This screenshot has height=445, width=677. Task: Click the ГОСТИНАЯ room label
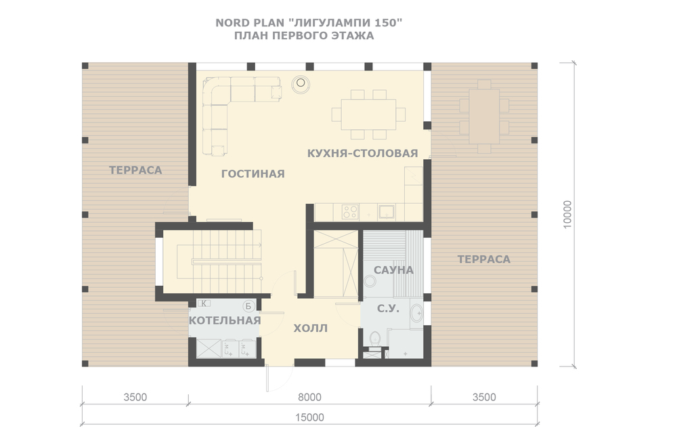(x=253, y=173)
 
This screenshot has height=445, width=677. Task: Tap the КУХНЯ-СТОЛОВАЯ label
(x=362, y=153)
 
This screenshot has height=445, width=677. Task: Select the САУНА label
(x=393, y=270)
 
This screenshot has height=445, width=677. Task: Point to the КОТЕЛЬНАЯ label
(x=225, y=320)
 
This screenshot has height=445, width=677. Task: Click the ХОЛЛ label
(x=311, y=329)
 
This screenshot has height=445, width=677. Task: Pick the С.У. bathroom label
(x=388, y=308)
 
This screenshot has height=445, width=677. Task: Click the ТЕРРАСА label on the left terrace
(x=135, y=170)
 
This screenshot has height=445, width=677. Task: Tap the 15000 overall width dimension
(x=309, y=417)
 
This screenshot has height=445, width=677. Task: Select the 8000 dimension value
(x=309, y=397)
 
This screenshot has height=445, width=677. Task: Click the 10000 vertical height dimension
(x=567, y=214)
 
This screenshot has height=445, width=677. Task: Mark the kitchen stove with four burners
(x=350, y=212)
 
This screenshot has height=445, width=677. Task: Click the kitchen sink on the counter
(x=387, y=212)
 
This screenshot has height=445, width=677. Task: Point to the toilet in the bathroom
(x=374, y=339)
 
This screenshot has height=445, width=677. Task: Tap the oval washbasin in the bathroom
(x=416, y=313)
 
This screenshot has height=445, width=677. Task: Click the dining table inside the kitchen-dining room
(x=368, y=114)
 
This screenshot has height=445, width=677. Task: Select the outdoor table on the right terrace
(x=484, y=116)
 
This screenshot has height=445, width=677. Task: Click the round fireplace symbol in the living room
(x=301, y=83)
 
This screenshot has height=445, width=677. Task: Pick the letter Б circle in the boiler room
(x=248, y=306)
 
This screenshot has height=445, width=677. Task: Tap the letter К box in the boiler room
(x=204, y=303)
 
